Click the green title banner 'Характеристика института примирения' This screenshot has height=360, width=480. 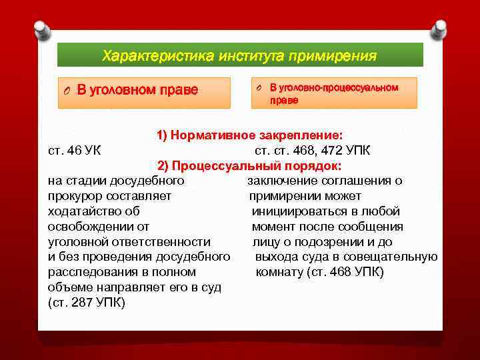tap(240, 55)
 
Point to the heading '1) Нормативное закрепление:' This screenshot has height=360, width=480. tap(250, 135)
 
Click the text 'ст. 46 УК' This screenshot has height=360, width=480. tap(75, 150)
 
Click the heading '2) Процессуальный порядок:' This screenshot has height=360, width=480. tap(249, 165)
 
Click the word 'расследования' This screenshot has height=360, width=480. tap(89, 272)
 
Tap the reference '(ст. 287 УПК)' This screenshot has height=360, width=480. tap(87, 303)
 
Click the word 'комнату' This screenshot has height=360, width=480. tap(277, 272)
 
